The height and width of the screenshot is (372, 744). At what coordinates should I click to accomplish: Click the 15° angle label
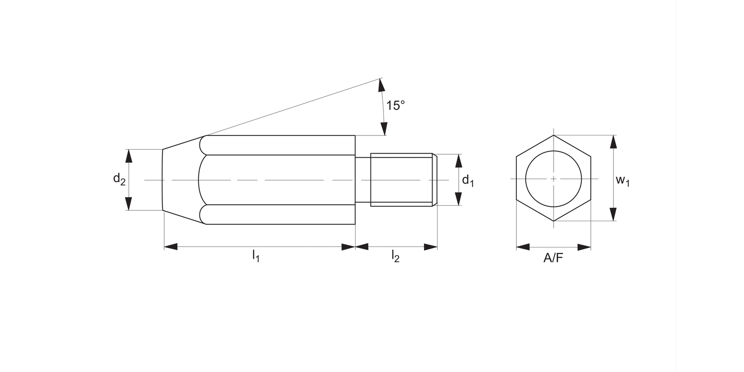395,106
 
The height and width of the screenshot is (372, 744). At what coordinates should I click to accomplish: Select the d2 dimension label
119,180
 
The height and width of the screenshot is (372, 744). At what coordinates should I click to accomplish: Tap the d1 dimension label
468,181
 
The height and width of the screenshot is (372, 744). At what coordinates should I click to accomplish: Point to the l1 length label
256,256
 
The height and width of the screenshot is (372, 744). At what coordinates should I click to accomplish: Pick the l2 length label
395,256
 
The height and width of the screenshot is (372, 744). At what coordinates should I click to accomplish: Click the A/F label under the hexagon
554,258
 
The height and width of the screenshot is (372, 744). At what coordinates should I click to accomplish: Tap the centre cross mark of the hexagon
554,179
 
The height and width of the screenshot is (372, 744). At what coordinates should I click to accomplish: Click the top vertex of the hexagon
554,135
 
